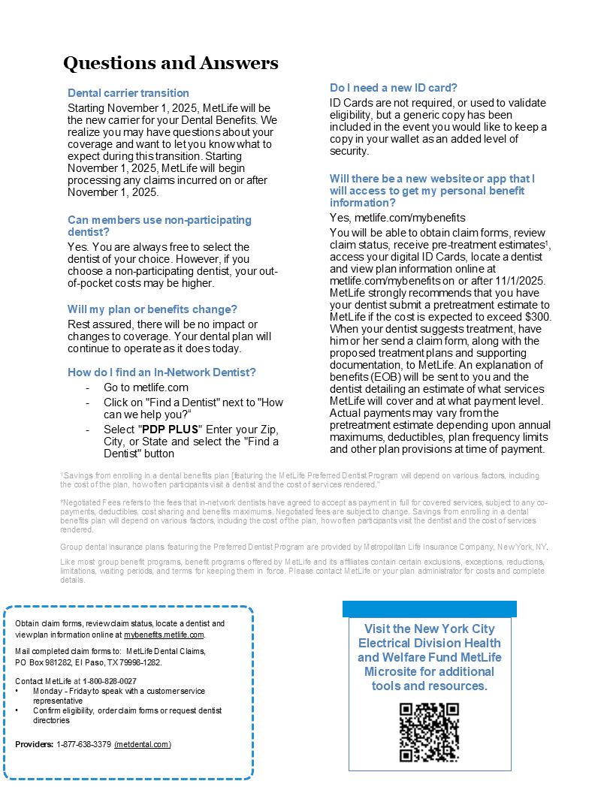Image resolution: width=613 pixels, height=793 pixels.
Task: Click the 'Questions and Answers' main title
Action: [171, 63]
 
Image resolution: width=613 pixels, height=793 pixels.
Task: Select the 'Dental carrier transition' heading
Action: [128, 93]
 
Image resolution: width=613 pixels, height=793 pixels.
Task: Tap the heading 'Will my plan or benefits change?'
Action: [152, 309]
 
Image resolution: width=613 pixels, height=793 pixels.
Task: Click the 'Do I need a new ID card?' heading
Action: [394, 88]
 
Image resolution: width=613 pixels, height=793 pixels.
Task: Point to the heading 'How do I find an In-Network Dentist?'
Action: [162, 372]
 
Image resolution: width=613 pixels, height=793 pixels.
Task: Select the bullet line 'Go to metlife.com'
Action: [146, 387]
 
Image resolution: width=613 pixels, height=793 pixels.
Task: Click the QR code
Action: [429, 732]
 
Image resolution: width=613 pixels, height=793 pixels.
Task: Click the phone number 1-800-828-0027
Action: [110, 681]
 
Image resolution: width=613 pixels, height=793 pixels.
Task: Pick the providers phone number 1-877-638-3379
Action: [84, 744]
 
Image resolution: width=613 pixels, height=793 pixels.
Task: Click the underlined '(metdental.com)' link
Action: [143, 744]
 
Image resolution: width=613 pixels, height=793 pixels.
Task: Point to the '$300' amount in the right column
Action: [538, 317]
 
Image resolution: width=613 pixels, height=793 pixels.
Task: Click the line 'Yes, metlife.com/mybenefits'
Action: [397, 218]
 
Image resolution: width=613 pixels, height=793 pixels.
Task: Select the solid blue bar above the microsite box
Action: [429, 608]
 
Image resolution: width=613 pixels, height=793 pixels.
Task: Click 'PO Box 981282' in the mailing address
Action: [41, 662]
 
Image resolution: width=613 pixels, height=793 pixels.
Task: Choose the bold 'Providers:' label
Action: [35, 744]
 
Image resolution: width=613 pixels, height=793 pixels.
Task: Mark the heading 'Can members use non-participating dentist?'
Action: [159, 225]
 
